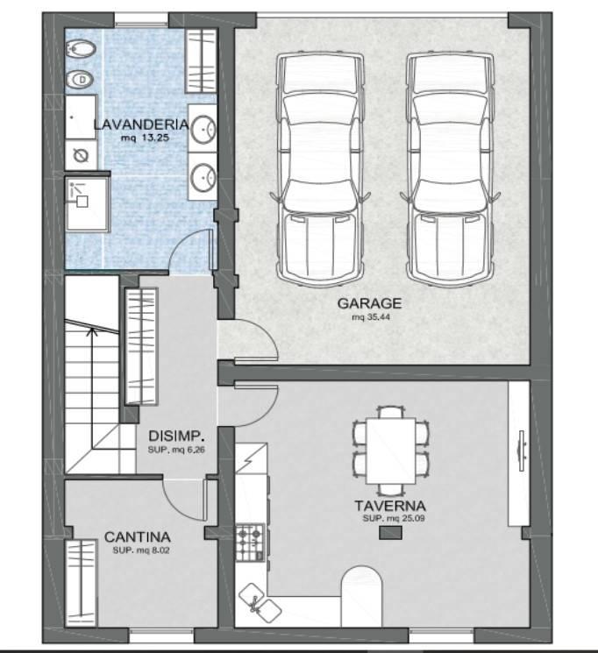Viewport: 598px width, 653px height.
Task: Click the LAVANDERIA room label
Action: click(x=141, y=124)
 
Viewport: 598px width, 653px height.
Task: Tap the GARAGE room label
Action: click(x=369, y=303)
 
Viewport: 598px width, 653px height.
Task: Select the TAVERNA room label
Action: click(x=390, y=506)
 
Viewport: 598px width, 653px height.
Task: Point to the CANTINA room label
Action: click(x=137, y=537)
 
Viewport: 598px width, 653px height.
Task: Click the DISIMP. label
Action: click(x=177, y=436)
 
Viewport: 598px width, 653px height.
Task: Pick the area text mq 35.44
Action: click(x=371, y=317)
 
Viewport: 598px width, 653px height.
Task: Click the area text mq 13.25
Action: click(x=145, y=138)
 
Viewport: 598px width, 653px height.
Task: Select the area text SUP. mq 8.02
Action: click(x=141, y=550)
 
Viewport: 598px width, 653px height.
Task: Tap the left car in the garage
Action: click(x=320, y=170)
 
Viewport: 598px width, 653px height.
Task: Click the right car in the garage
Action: click(x=450, y=170)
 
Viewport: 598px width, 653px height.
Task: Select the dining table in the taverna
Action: click(x=391, y=451)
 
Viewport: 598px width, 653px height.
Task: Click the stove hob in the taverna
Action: click(x=250, y=543)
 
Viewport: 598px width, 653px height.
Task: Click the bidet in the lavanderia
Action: click(x=81, y=50)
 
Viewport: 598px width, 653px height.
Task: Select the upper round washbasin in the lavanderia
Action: click(x=203, y=129)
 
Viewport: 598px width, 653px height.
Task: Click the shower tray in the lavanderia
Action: click(x=88, y=204)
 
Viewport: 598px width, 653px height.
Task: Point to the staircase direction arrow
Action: click(x=93, y=388)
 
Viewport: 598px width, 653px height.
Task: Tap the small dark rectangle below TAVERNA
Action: click(x=390, y=533)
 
